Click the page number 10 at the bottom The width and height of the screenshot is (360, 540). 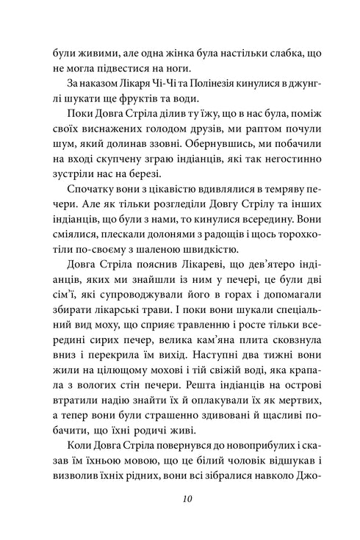coord(180,500)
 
